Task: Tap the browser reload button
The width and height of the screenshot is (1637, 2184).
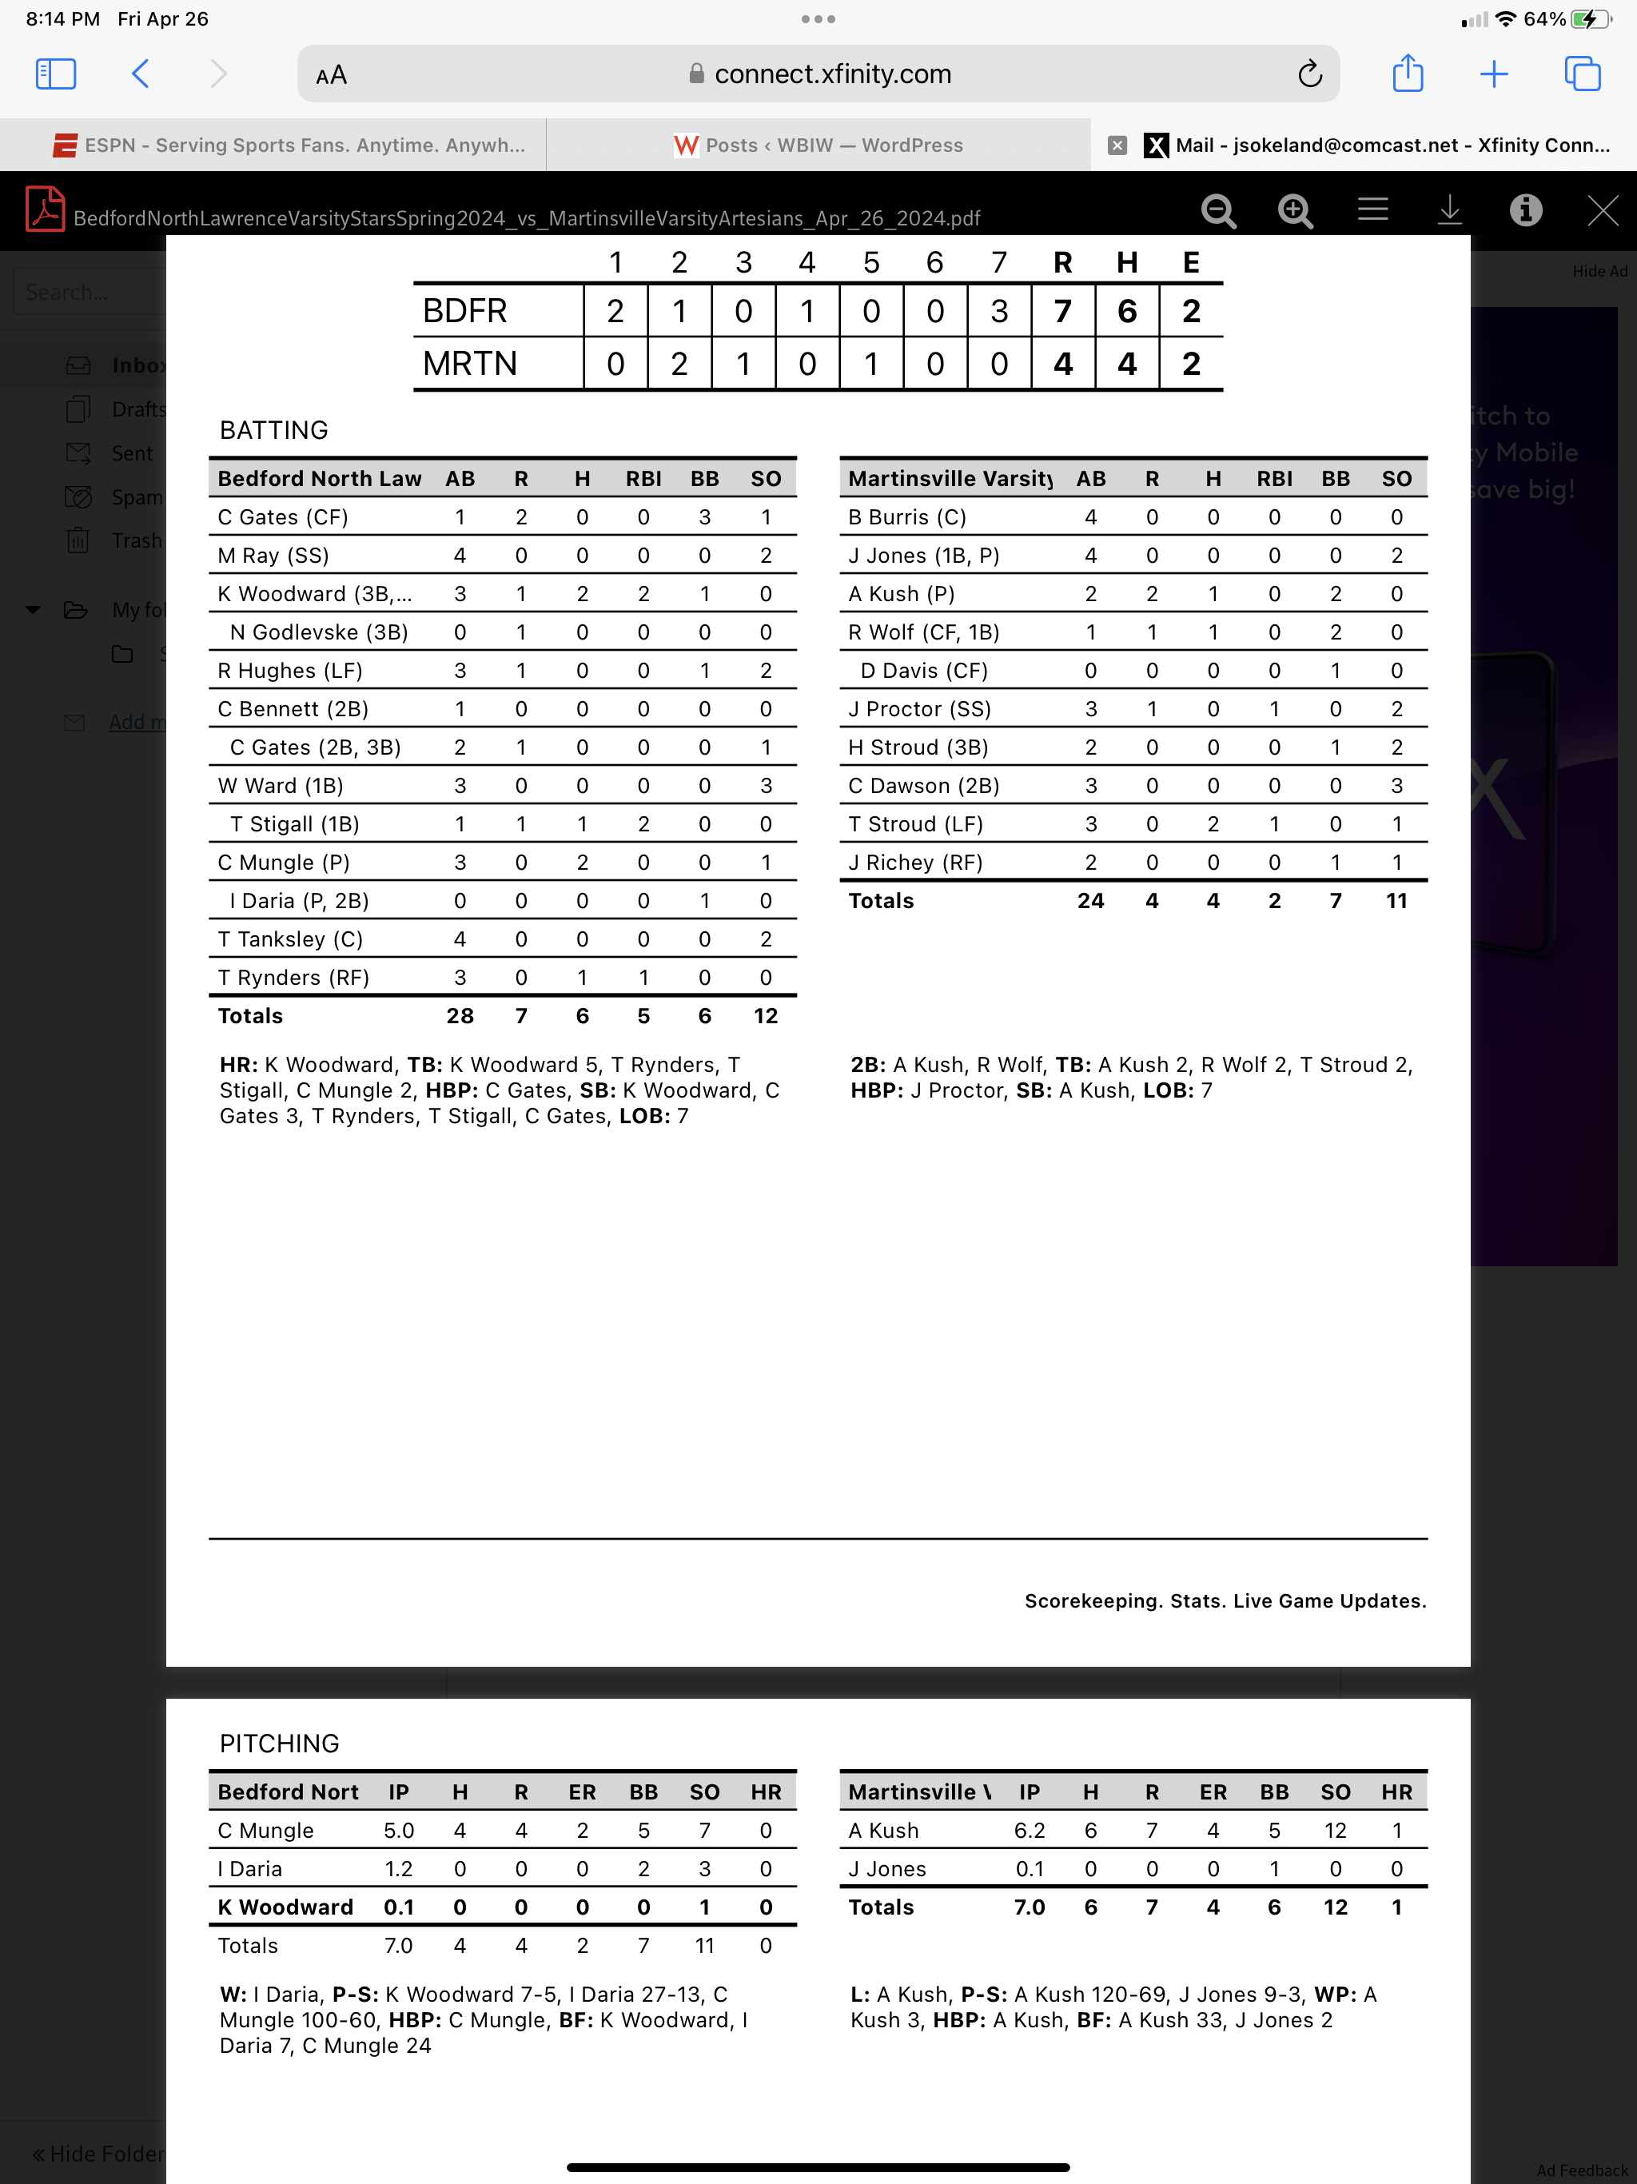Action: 1309,74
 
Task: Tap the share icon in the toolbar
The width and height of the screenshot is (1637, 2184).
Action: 1407,74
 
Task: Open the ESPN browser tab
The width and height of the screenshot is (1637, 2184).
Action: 289,145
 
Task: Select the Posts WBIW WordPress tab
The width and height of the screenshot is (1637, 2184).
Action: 818,145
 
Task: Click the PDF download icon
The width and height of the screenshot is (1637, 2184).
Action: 1448,210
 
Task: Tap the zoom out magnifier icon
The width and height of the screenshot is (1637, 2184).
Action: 1218,210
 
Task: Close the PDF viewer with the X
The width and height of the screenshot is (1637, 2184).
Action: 1602,210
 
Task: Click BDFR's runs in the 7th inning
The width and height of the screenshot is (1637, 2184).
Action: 999,311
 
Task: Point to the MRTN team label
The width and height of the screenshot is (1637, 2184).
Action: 470,364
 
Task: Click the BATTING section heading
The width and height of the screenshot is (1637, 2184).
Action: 273,430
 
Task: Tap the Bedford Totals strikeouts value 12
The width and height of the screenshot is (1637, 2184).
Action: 765,1016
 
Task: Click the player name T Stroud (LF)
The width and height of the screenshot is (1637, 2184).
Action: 915,824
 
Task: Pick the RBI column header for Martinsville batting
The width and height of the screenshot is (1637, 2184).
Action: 1273,479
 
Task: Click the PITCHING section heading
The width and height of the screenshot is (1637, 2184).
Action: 280,1744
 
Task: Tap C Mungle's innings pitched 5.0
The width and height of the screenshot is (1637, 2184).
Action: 399,1831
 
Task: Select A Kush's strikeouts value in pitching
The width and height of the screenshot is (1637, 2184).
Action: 1335,1831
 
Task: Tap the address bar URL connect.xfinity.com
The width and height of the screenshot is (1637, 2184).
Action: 832,74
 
